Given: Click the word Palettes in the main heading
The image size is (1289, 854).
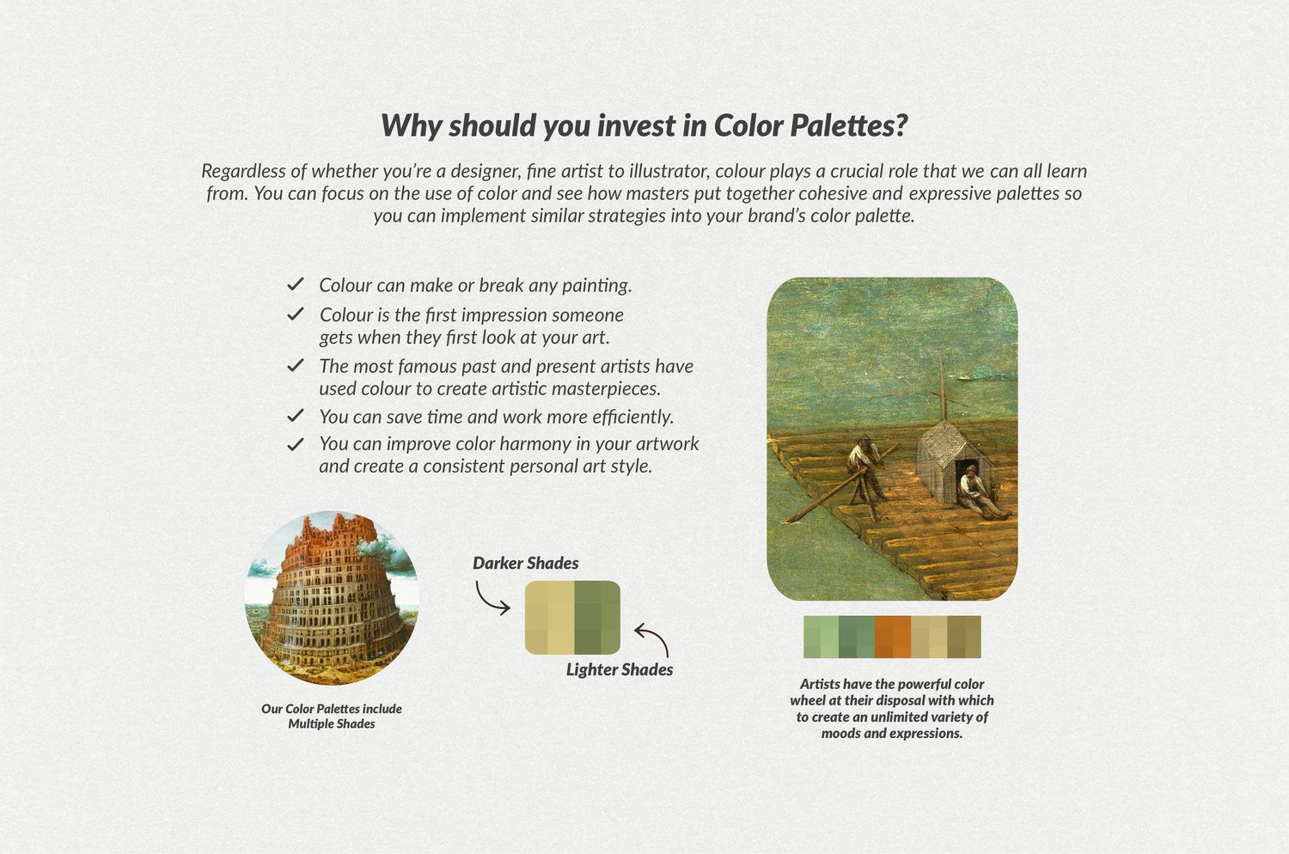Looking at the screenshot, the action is [x=849, y=125].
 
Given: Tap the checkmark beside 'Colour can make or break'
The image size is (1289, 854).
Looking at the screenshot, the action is [x=296, y=284].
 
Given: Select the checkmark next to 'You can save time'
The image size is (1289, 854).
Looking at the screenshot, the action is [x=296, y=416].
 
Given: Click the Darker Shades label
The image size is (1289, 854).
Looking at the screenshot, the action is [x=525, y=563].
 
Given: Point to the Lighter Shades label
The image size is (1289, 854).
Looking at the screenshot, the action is [x=620, y=669].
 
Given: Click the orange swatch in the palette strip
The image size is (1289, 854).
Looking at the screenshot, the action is [x=893, y=637].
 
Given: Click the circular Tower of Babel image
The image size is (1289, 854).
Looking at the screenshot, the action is [x=332, y=599].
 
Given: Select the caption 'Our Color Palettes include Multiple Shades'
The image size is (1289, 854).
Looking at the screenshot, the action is [x=332, y=716].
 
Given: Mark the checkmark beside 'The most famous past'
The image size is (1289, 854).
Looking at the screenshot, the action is [x=296, y=365].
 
